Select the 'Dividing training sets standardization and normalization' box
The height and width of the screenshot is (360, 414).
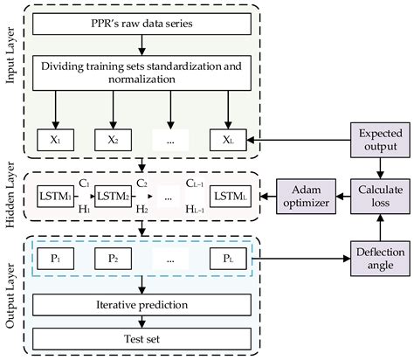(142, 71)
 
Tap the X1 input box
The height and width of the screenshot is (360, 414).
(55, 138)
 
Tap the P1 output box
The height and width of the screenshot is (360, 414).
(55, 260)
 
